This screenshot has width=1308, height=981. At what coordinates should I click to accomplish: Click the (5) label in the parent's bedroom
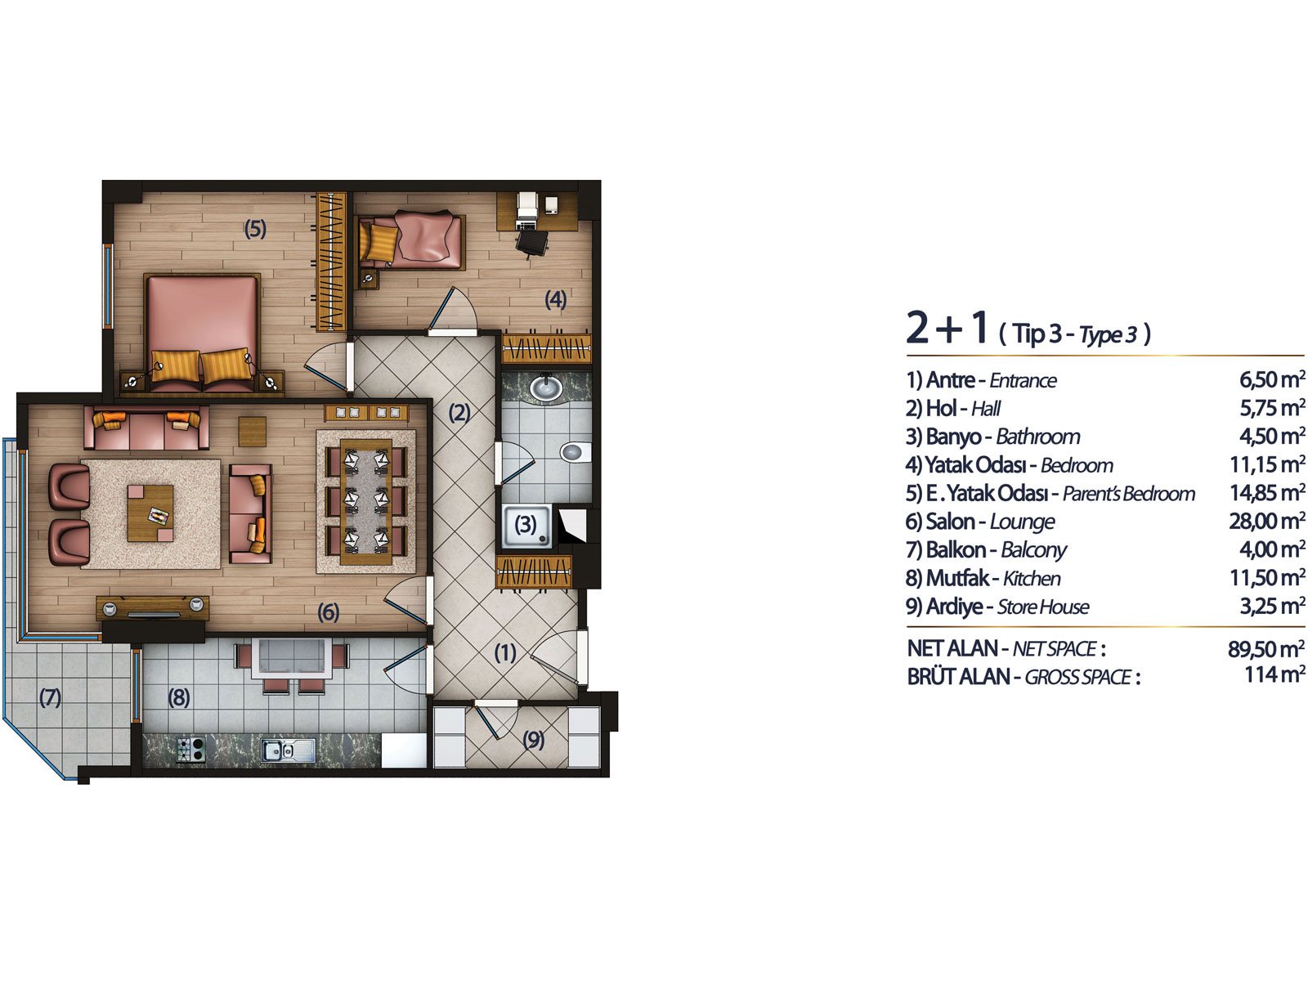(x=255, y=229)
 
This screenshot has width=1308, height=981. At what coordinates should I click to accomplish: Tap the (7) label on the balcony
(x=50, y=697)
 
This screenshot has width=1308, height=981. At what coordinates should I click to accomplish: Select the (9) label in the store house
(x=533, y=739)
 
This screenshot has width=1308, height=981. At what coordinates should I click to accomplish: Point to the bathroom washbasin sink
(x=546, y=387)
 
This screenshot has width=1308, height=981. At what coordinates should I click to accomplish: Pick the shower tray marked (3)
(x=526, y=526)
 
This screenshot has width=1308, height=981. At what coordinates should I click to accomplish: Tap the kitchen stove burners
(x=190, y=749)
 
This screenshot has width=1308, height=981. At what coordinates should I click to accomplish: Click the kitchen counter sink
(x=289, y=750)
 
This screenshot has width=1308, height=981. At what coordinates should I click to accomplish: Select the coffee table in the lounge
(x=150, y=513)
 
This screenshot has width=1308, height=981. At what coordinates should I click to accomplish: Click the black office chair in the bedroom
(x=531, y=243)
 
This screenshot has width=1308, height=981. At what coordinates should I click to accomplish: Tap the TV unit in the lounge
(x=153, y=608)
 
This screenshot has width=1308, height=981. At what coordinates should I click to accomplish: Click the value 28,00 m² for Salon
(x=1266, y=522)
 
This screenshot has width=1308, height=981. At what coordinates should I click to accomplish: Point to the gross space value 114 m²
(x=1274, y=675)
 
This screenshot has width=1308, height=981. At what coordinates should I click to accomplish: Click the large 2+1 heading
(x=947, y=328)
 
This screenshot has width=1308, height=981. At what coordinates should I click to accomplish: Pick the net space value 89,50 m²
(x=1266, y=648)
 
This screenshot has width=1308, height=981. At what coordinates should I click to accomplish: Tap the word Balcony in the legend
(x=1034, y=550)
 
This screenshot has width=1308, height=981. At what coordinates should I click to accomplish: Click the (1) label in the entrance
(x=504, y=653)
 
